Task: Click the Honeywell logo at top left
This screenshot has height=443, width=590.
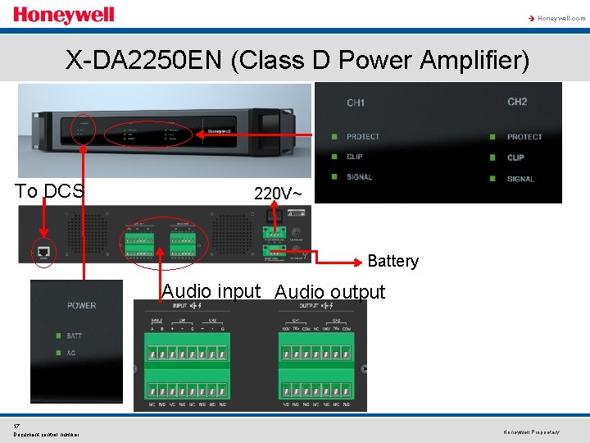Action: (64, 16)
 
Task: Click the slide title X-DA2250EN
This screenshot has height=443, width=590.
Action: (297, 60)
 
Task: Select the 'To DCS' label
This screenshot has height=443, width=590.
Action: (49, 191)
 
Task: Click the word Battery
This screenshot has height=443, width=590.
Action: (393, 261)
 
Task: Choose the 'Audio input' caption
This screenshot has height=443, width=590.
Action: (211, 291)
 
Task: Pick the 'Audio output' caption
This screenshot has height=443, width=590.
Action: (329, 292)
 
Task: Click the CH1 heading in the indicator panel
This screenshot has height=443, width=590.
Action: (356, 103)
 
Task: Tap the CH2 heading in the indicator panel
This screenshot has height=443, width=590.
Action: (517, 102)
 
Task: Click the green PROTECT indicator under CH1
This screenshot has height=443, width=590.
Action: (334, 137)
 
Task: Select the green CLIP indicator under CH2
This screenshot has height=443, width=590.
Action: (492, 158)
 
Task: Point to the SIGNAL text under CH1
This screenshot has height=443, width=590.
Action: (359, 176)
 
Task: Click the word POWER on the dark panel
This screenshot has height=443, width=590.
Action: (81, 306)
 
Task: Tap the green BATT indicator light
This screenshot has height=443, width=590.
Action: (57, 336)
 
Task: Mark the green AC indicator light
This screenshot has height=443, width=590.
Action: (57, 354)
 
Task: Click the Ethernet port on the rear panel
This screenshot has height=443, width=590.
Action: (43, 252)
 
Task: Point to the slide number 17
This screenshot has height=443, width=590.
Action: (16, 426)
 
